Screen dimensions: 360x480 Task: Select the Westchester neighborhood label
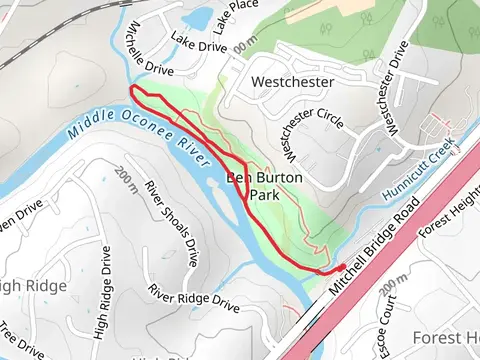[293, 80]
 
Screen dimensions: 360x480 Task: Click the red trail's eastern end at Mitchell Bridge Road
[343, 266]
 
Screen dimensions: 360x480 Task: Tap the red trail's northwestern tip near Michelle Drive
[132, 92]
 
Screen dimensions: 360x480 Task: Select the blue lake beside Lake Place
[199, 17]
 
